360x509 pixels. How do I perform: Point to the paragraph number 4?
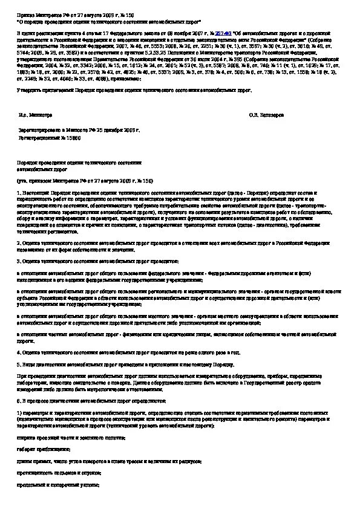pyautogui.click(x=18, y=351)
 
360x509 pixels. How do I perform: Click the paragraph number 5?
pyautogui.click(x=18, y=365)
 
